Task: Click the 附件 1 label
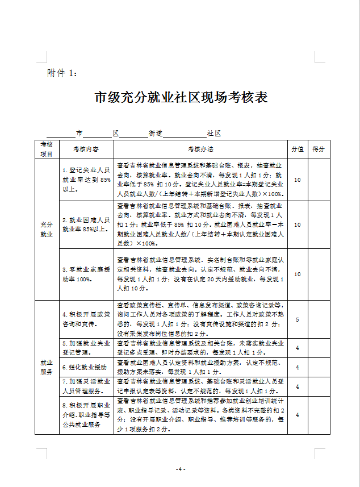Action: tap(66, 73)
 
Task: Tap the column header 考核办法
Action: tap(200, 149)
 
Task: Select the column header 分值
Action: tap(298, 149)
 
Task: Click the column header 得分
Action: tap(319, 149)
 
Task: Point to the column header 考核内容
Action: tap(86, 149)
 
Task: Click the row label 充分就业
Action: tap(47, 229)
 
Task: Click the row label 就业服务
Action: tap(47, 367)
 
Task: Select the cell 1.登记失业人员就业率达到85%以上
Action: tap(86, 180)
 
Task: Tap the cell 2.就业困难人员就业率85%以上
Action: tap(86, 224)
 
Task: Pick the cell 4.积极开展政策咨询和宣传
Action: tap(86, 319)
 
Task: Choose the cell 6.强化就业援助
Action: tap(86, 367)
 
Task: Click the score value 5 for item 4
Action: tap(298, 320)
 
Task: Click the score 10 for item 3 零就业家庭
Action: tap(298, 274)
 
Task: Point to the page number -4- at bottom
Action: tap(181, 469)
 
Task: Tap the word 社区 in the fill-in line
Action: tap(214, 134)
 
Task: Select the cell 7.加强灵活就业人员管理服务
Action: tap(86, 386)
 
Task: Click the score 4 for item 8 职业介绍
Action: tap(298, 415)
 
